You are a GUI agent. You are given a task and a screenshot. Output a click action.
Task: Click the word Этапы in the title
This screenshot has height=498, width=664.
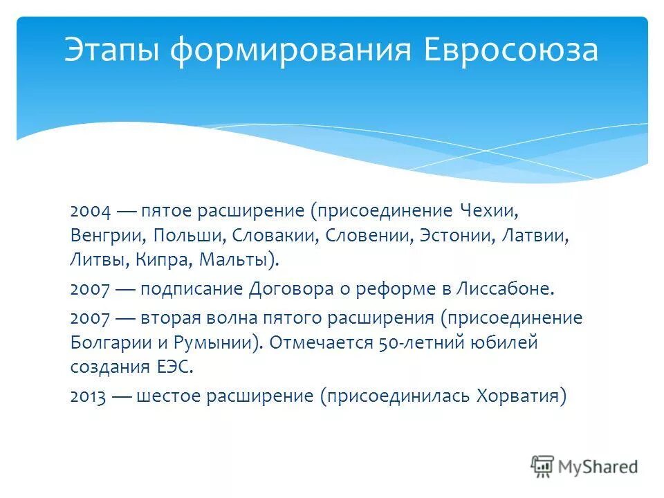tap(111, 51)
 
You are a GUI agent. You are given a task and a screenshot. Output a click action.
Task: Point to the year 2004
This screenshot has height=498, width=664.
tap(88, 210)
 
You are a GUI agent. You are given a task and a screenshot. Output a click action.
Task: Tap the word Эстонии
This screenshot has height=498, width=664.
tap(455, 236)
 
